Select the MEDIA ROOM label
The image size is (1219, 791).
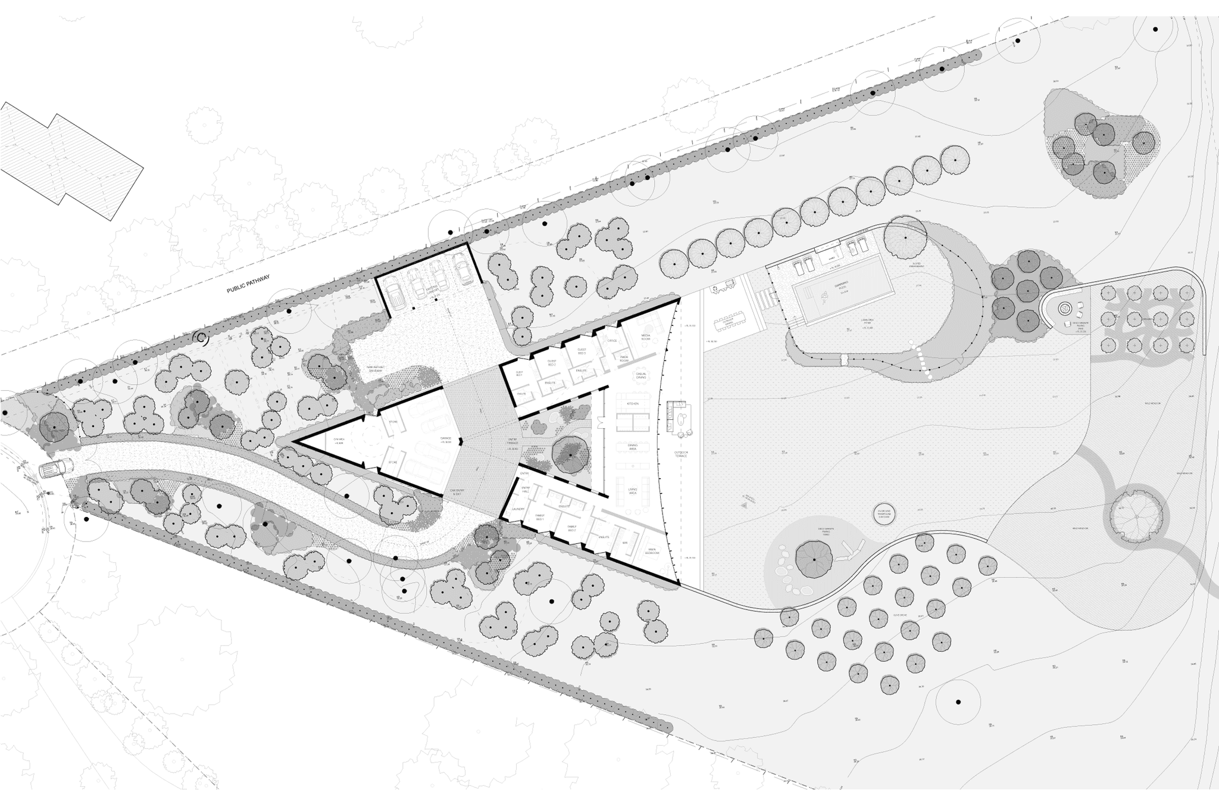[x=646, y=337]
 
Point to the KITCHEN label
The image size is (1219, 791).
[x=632, y=404]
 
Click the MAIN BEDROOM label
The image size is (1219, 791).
[x=652, y=551]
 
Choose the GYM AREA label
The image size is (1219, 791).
[x=339, y=441]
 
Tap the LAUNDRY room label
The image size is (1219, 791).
[x=517, y=509]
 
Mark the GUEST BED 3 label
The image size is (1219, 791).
[x=582, y=351]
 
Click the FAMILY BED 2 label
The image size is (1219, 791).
[x=571, y=528]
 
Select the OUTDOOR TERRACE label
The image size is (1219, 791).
[x=680, y=454]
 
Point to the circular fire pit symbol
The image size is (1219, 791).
[x=1064, y=309]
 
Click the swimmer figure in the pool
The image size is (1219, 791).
[x=826, y=295]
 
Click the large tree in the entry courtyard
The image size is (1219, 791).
[x=570, y=454]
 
